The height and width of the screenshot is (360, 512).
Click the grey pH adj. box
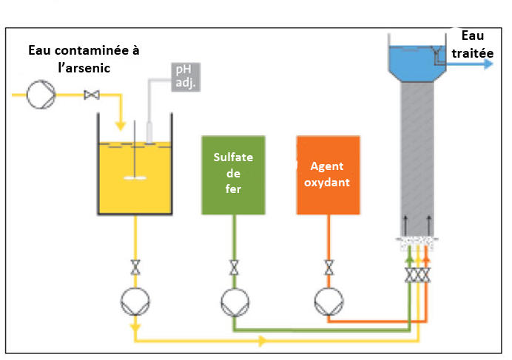pyautogui.click(x=186, y=77)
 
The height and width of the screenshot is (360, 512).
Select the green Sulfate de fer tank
pyautogui.click(x=234, y=175)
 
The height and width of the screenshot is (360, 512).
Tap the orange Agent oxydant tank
pyautogui.click(x=329, y=175)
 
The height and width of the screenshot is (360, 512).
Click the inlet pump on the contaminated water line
pyautogui.click(x=41, y=95)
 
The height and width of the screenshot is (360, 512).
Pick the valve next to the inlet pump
pyautogui.click(x=92, y=95)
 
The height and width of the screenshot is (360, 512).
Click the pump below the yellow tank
pyautogui.click(x=135, y=302)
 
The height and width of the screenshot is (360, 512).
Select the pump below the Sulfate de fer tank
pyautogui.click(x=235, y=302)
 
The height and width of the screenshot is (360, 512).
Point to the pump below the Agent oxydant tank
pyautogui.click(x=329, y=302)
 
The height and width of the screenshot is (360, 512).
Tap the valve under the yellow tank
pyautogui.click(x=135, y=268)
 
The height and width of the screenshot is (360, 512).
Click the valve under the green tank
pyautogui.click(x=234, y=268)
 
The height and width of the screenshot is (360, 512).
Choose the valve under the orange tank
pyautogui.click(x=329, y=268)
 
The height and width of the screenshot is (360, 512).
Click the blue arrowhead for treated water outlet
pyautogui.click(x=488, y=64)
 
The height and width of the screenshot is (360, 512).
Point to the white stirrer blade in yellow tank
pyautogui.click(x=135, y=178)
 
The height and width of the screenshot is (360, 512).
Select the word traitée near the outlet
pyautogui.click(x=473, y=53)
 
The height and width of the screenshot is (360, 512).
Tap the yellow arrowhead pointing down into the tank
pyautogui.click(x=121, y=126)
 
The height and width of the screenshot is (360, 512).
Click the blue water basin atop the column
pyautogui.click(x=417, y=64)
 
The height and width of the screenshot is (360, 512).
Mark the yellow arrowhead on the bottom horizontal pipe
pyautogui.click(x=263, y=341)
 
